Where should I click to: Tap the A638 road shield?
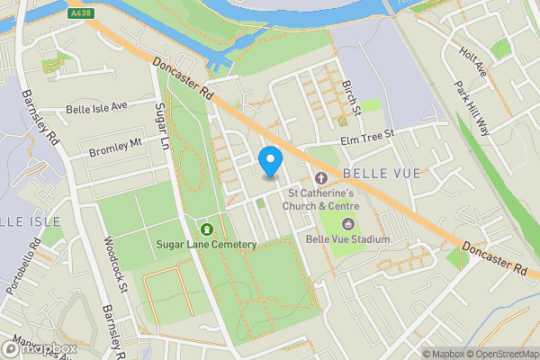coord(79,14)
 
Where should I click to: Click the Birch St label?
coord(350,97)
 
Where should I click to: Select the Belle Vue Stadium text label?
coord(347,239)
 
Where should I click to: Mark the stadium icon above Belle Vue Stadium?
coord(348,223)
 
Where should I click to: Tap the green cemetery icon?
coord(208,229)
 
